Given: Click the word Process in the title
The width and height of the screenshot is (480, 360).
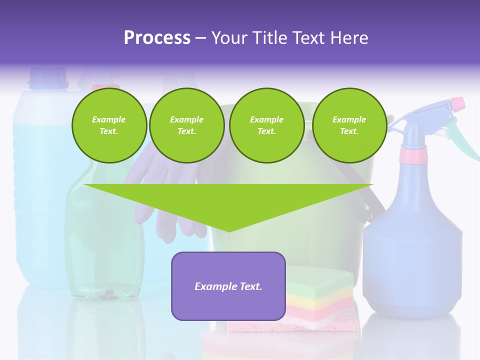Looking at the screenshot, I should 157,38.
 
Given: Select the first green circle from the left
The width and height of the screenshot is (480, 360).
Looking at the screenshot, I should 109,125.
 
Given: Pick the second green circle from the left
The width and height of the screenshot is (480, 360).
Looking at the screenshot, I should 186,125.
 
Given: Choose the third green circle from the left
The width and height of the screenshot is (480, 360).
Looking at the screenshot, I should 266,125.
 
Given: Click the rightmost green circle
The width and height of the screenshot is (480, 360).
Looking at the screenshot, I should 349,125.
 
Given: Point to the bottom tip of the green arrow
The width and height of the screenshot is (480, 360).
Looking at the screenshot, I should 229,230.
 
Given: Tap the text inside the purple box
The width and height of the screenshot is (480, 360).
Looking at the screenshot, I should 228,286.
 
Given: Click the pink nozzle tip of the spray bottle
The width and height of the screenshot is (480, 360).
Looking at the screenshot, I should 457,103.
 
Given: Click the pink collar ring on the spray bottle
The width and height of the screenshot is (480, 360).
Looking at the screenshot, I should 413,157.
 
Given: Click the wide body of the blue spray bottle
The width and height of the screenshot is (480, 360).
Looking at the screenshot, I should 412,260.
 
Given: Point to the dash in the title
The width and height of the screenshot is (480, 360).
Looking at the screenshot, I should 200,38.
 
